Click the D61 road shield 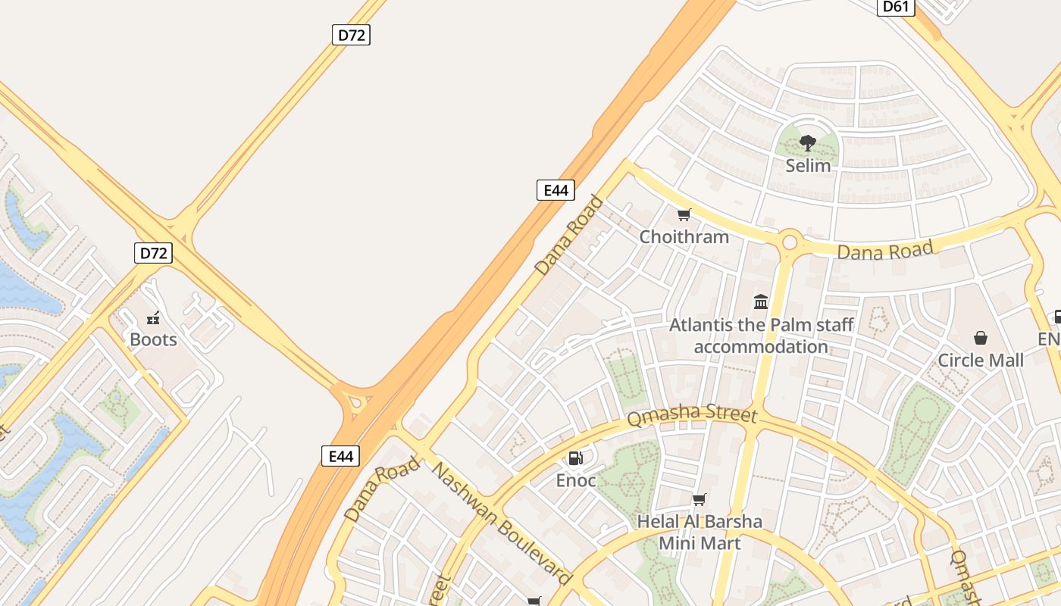[x=897, y=7]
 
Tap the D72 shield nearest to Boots [x=153, y=252]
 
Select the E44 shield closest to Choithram [x=556, y=190]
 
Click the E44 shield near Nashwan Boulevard [x=340, y=456]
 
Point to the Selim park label [x=808, y=165]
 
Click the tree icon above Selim [x=808, y=142]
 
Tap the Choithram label [x=684, y=236]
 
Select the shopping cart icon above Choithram [x=684, y=215]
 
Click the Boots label [x=153, y=339]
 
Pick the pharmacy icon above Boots [x=153, y=318]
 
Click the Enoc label [x=576, y=480]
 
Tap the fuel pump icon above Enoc [x=576, y=458]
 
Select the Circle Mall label [x=981, y=360]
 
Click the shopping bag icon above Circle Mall [x=981, y=338]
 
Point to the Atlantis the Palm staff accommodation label [x=761, y=336]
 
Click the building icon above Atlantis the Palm [x=761, y=303]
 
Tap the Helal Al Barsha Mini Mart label [x=699, y=532]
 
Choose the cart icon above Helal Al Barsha [x=699, y=500]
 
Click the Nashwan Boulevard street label [x=502, y=523]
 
